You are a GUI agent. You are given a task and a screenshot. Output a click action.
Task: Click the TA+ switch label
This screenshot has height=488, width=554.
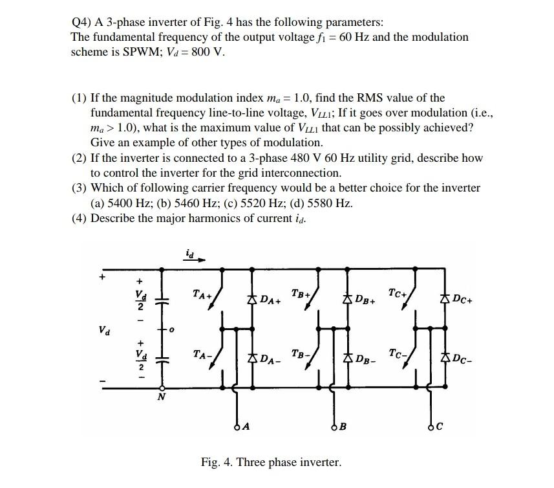(x=202, y=295)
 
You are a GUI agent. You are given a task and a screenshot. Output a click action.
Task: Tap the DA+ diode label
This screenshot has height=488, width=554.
(x=270, y=300)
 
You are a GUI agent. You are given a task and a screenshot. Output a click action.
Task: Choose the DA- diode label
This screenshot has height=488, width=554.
(x=270, y=359)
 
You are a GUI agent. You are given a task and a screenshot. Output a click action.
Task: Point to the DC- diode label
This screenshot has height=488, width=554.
(x=462, y=359)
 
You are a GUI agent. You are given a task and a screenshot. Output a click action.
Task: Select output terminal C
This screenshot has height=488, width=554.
(x=431, y=425)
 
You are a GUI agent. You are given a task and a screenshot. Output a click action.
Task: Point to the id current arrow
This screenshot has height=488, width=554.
(x=197, y=259)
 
